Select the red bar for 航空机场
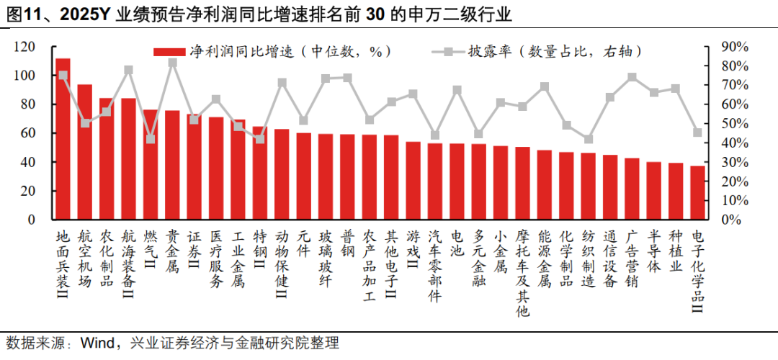85,152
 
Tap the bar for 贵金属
173,165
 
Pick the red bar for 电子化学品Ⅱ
697,192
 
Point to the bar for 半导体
653,190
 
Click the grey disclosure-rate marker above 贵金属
173,63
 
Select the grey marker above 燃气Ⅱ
151,139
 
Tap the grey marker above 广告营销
632,77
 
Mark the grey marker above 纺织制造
589,139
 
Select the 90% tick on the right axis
735,47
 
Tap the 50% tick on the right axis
735,124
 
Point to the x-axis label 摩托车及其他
522,273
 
